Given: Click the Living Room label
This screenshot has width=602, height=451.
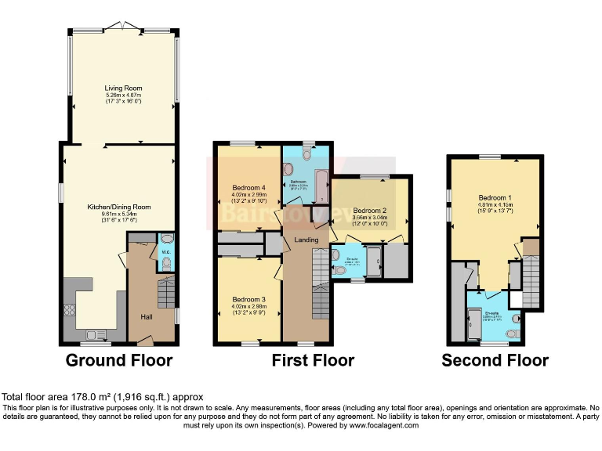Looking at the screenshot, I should tap(123, 88).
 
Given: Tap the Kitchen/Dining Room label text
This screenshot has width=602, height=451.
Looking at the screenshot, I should tap(118, 207).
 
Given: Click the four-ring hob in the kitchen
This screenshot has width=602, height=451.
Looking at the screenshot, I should tap(70, 308).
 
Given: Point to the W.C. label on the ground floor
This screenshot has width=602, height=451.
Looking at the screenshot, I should tap(165, 252).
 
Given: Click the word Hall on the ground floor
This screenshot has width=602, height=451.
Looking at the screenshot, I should tap(146, 317).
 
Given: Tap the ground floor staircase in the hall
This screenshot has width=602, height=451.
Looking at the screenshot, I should tap(165, 295).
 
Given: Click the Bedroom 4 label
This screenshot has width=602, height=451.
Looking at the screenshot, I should tap(248, 187).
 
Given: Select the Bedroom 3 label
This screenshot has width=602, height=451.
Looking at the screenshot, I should tap(248, 299).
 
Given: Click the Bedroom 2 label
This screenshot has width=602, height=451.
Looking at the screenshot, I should tap(369, 211).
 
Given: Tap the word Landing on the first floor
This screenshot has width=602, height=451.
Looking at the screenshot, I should tap(305, 239).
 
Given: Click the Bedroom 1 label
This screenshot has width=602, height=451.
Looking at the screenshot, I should tap(495, 199).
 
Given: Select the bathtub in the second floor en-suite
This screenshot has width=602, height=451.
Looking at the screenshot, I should tap(473, 323).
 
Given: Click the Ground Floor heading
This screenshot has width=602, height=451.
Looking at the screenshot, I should tap(118, 361).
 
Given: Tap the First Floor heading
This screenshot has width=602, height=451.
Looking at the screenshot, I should tap(313, 361).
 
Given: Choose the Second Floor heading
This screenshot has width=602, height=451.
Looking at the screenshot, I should tap(495, 361).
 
